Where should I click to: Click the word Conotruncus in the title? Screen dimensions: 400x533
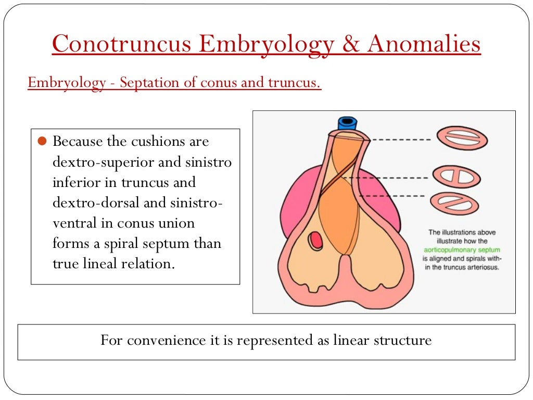click(121, 44)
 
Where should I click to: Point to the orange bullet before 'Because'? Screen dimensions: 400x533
click(43, 141)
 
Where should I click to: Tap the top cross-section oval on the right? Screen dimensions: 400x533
click(461, 139)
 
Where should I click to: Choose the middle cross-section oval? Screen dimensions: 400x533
click(456, 177)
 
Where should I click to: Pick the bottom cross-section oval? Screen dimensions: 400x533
click(455, 204)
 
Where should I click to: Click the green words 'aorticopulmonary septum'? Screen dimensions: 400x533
click(462, 249)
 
